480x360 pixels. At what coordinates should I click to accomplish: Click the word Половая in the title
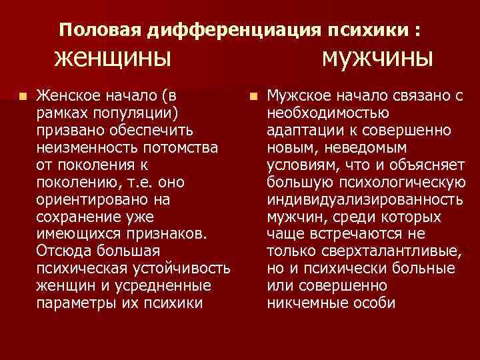tap(101, 30)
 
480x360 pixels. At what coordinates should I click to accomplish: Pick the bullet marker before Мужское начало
tap(253, 96)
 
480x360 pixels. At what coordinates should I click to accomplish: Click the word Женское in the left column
tap(69, 95)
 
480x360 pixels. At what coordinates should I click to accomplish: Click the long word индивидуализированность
tap(364, 199)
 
